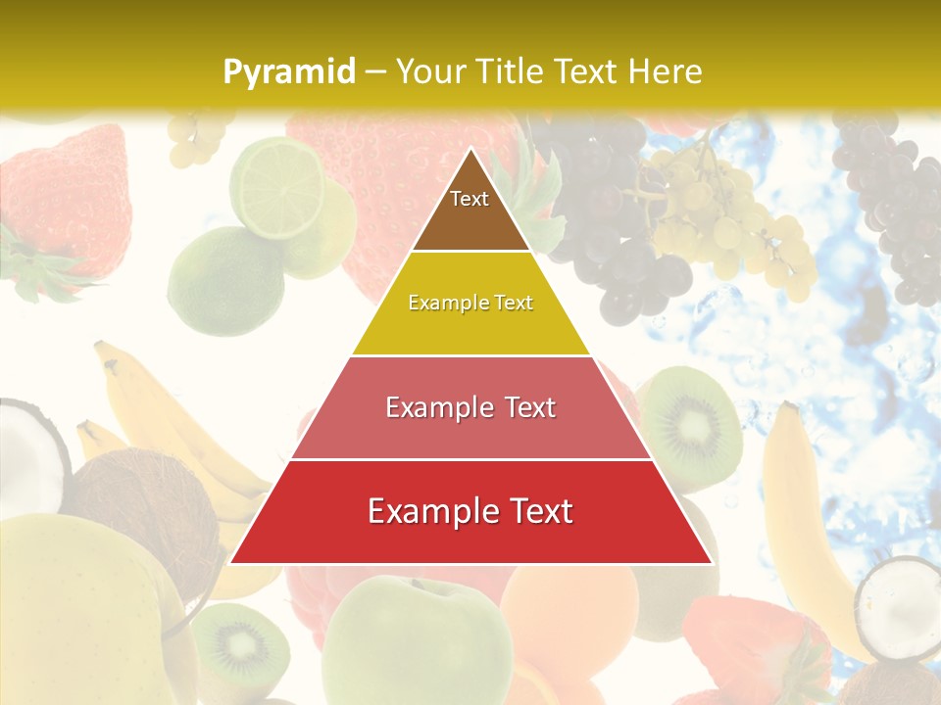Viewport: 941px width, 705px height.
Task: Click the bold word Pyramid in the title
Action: pos(288,72)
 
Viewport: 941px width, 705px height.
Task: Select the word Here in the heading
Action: pos(668,72)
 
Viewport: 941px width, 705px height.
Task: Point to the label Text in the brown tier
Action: pos(470,199)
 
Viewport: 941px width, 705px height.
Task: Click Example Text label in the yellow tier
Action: pos(470,303)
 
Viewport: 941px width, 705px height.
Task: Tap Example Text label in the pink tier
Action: pos(470,407)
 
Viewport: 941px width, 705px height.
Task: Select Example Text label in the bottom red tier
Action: pos(470,511)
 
